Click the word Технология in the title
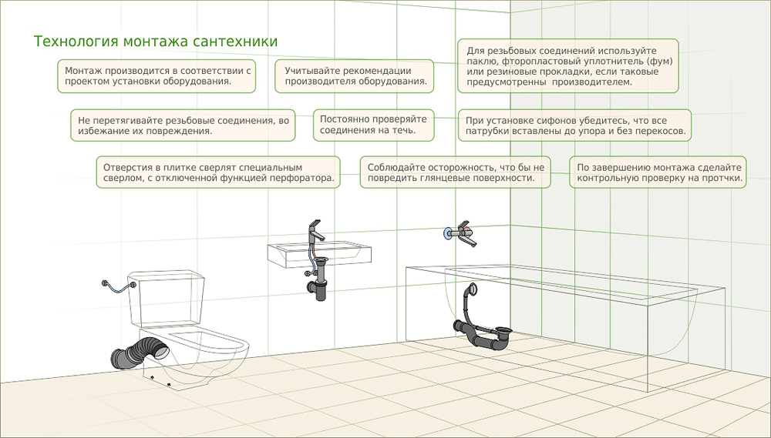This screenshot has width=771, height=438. [76, 42]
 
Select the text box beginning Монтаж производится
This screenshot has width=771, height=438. [157, 76]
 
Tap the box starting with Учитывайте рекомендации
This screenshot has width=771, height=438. [355, 76]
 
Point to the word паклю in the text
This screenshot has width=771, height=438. [480, 62]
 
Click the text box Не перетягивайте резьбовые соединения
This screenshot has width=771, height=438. [183, 125]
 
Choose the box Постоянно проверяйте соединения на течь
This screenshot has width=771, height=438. [374, 125]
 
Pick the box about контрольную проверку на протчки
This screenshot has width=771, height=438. [658, 172]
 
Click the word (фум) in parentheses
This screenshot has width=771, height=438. [659, 62]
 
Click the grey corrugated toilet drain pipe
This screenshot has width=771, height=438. [140, 353]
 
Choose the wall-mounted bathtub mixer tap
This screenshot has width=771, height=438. [462, 233]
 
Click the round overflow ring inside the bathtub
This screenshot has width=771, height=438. [472, 288]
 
